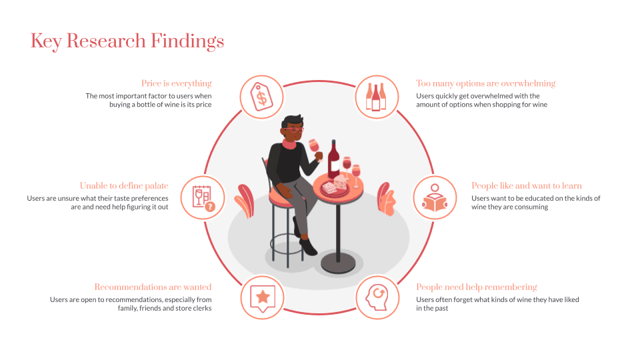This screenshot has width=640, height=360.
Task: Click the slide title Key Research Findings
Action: coord(127,41)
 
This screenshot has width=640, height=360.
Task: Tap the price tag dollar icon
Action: coord(261,97)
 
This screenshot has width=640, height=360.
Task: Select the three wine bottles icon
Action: coord(375,97)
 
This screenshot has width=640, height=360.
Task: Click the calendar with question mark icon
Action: coord(203,197)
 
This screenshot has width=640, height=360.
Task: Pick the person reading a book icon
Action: coord(434,197)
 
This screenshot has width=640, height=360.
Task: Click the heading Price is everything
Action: coord(177,83)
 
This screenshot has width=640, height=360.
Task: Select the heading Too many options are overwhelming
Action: coord(485,83)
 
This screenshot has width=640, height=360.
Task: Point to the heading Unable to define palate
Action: coord(124,186)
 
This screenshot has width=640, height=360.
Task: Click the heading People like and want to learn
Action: coord(527,186)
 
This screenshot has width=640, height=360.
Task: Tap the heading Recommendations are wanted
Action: coord(153,287)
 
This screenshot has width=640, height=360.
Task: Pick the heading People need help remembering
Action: coord(476,287)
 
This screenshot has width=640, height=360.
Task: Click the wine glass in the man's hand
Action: coord(313,146)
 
